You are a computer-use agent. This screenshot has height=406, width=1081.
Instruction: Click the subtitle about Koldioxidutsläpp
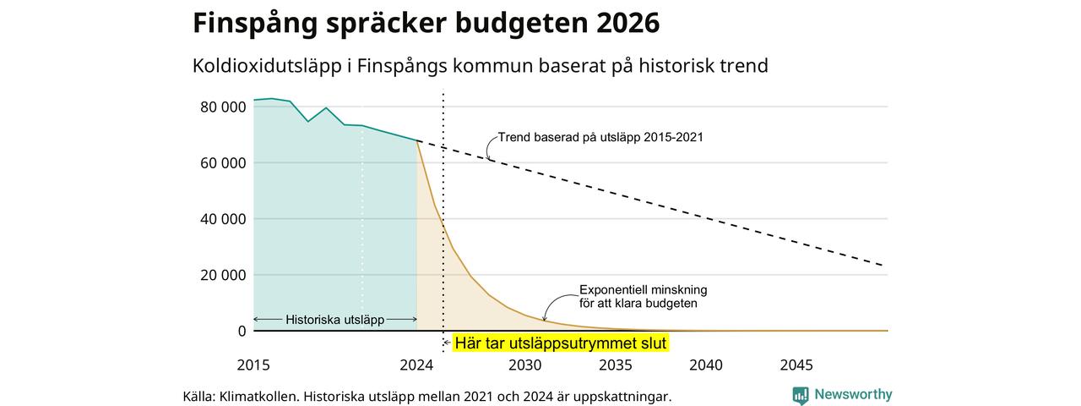point(481,66)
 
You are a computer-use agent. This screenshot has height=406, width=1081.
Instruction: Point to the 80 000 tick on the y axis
point(223,107)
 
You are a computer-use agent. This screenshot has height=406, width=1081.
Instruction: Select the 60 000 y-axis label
point(223,163)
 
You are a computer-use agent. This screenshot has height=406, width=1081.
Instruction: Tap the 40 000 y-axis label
point(223,219)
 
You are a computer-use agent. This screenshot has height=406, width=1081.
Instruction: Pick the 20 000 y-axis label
point(223,275)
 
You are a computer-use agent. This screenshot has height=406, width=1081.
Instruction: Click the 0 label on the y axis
point(242,331)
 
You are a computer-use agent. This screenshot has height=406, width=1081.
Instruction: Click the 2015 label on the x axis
point(253,365)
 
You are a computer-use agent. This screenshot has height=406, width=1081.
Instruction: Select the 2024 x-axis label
point(416,365)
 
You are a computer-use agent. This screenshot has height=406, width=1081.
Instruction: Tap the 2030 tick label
point(525,365)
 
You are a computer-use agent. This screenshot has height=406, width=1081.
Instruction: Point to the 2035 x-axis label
point(616,365)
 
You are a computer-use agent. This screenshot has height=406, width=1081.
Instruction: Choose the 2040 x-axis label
point(706,365)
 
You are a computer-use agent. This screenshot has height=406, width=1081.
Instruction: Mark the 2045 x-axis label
point(796,365)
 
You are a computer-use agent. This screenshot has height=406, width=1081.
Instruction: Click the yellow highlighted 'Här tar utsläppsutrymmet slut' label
point(560,343)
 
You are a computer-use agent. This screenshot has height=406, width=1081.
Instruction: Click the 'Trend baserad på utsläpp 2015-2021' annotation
point(600,137)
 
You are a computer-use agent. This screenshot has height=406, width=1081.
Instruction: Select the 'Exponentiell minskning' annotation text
point(644,290)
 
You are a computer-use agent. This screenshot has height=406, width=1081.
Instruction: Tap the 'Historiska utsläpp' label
point(335,320)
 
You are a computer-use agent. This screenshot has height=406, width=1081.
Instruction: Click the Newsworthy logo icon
point(801,395)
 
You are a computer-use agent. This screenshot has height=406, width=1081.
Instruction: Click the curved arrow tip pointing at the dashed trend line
point(489,160)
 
